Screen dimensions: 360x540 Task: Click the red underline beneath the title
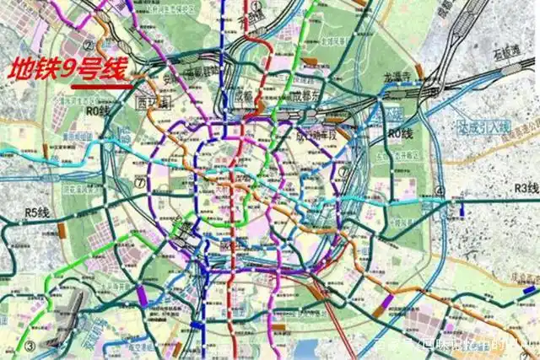(100, 86)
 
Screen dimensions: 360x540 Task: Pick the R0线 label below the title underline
(100, 110)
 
